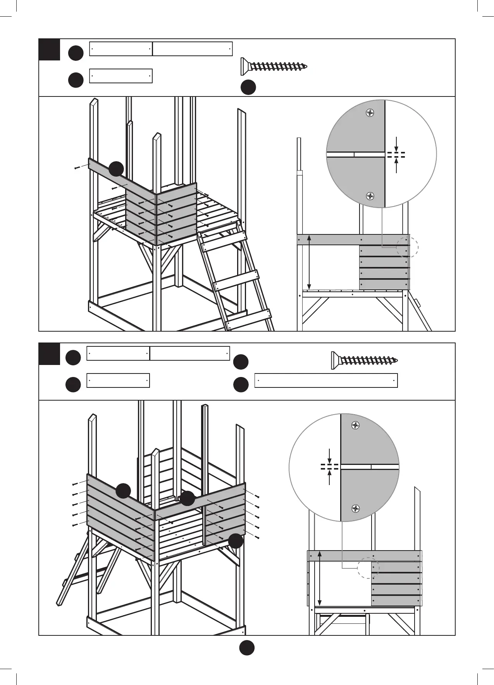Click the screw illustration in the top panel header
[274, 67]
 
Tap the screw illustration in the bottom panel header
[365, 360]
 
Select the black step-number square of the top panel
[50, 50]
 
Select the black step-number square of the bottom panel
[50, 354]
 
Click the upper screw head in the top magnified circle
[370, 113]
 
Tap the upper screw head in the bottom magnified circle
[356, 425]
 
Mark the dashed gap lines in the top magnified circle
[396, 155]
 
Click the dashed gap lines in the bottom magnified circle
[329, 466]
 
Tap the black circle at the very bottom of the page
[246, 648]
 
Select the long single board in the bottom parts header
[326, 381]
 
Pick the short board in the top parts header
[121, 76]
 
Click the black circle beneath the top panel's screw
[248, 88]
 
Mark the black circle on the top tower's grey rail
[116, 169]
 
